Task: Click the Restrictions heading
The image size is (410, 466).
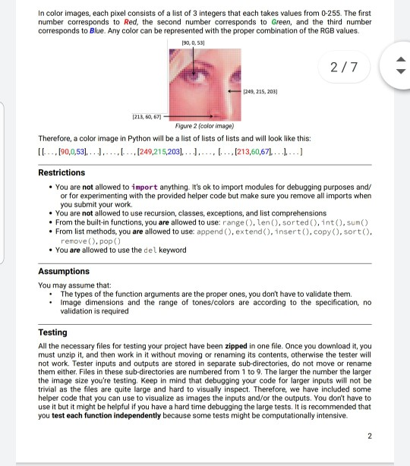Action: (61, 173)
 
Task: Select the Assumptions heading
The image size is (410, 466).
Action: (64, 271)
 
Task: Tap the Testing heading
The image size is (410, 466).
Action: (54, 332)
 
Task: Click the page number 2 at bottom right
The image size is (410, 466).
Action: (369, 435)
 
